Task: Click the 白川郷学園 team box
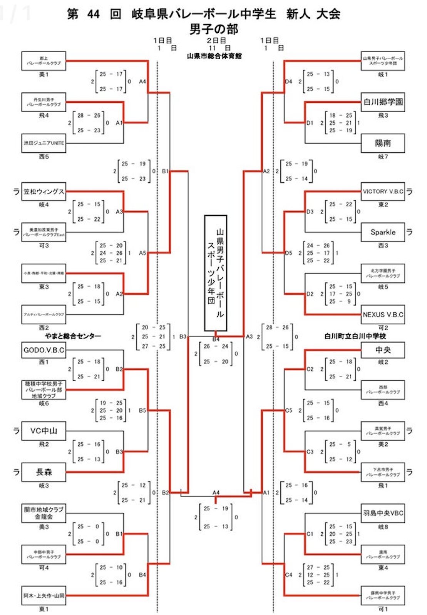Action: pyautogui.click(x=383, y=102)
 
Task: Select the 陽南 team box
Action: pyautogui.click(x=383, y=143)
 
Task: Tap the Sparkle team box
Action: pyautogui.click(x=383, y=232)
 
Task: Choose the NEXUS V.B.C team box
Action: pyautogui.click(x=383, y=315)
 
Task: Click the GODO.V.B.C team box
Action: pyautogui.click(x=44, y=350)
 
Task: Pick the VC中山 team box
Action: pyautogui.click(x=44, y=431)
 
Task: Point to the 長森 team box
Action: pyautogui.click(x=44, y=472)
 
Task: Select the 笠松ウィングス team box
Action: pyautogui.click(x=44, y=191)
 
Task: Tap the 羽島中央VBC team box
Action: pyautogui.click(x=383, y=513)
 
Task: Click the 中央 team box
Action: pyautogui.click(x=383, y=350)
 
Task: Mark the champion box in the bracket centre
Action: pyautogui.click(x=216, y=273)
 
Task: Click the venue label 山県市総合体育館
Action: pyautogui.click(x=214, y=56)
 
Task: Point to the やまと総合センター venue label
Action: pyautogui.click(x=73, y=336)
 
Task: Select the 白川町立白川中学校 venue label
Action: pyautogui.click(x=355, y=336)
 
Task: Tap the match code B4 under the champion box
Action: pyautogui.click(x=216, y=339)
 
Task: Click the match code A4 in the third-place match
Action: pyautogui.click(x=216, y=492)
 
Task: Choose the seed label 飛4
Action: pyautogui.click(x=44, y=115)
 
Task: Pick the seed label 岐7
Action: pyautogui.click(x=383, y=157)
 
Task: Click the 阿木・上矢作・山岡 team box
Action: pyautogui.click(x=44, y=596)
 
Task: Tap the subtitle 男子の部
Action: pyautogui.click(x=214, y=29)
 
